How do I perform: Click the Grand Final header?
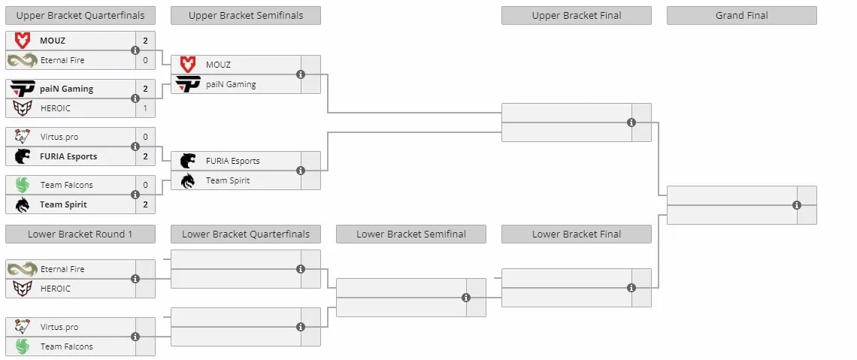tap(742, 15)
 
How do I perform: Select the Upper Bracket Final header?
tap(577, 15)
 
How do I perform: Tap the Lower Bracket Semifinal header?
tap(411, 234)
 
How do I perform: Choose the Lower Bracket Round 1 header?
tap(80, 234)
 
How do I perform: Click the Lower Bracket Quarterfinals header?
tap(246, 234)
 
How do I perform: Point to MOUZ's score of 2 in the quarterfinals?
tap(145, 41)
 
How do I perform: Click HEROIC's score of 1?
tap(145, 108)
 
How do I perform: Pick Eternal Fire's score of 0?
tap(145, 60)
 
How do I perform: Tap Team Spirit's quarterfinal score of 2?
tap(145, 204)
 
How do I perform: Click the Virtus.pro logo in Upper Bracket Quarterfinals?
tap(23, 137)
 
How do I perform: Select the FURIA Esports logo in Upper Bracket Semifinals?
tap(188, 161)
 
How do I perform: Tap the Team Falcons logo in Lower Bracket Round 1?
tap(23, 346)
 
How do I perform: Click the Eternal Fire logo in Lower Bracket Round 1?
tap(23, 269)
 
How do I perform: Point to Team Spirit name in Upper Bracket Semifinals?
tap(227, 180)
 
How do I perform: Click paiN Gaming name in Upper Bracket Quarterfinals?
tap(67, 89)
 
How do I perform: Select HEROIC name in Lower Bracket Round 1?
tap(55, 289)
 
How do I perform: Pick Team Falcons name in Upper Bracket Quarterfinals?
tap(67, 185)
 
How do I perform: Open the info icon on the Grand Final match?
tap(797, 205)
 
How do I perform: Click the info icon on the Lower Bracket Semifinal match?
tap(466, 298)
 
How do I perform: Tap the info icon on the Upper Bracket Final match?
tap(631, 123)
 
